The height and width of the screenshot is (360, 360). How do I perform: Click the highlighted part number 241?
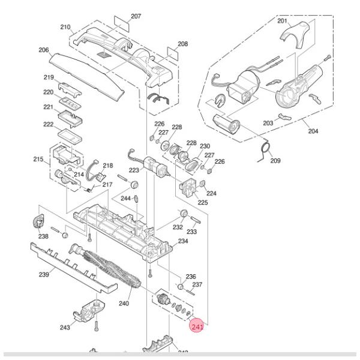[x=197, y=327]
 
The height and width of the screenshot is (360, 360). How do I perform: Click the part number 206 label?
[x=43, y=50]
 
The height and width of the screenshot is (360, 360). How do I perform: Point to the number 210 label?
[x=65, y=27]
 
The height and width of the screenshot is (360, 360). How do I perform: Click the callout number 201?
[x=282, y=21]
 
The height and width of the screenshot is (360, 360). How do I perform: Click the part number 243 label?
[x=65, y=327]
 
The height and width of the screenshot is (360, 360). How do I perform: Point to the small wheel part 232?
[x=182, y=214]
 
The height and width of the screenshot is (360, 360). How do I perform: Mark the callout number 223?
[x=133, y=170]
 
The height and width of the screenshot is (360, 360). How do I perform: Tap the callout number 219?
[x=49, y=77]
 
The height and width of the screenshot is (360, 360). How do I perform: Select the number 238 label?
[x=43, y=236]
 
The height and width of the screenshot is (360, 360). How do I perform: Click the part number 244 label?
[x=125, y=198]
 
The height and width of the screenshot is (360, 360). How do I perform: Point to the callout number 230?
[x=205, y=146]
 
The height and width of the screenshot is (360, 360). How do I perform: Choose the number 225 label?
[x=203, y=202]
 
